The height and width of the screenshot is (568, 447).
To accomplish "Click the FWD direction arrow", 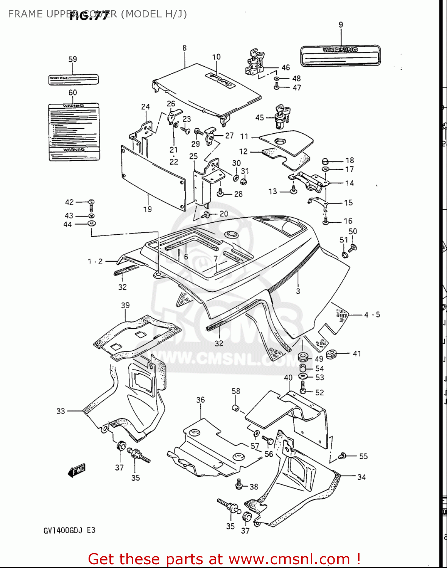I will point(77,470).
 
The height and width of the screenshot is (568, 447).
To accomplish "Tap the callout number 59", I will point(72,59).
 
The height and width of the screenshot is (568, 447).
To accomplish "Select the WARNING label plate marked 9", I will point(340,55).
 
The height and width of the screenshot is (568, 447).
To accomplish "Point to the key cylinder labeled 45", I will point(281,116).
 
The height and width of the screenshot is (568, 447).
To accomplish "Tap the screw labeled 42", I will point(91,205).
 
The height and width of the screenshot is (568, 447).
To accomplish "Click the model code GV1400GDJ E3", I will point(69,531).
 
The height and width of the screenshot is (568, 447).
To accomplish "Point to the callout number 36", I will point(200,400).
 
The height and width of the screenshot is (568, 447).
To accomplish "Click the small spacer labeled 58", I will point(235,408).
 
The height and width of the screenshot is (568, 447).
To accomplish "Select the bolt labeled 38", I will point(239,484).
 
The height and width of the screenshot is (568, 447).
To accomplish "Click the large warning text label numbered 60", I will point(74,132).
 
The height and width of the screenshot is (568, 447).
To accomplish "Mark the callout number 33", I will point(61,411).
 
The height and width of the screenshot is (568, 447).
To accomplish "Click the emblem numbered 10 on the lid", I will point(220,80).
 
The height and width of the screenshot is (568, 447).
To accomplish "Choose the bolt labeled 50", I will point(352,248).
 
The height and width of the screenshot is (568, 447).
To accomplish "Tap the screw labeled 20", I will point(206,215).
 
